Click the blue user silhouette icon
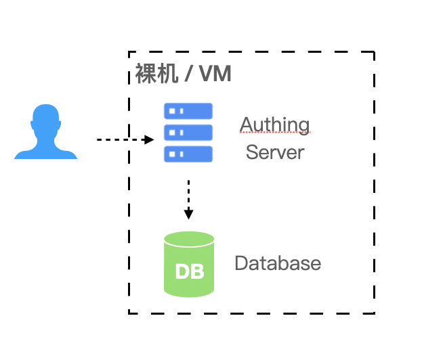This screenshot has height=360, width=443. coord(46,132)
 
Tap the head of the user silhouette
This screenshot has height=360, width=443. coord(46,118)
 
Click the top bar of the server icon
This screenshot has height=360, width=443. coord(188,111)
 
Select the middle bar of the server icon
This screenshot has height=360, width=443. coord(188,133)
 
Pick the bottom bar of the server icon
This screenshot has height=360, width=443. coord(188,154)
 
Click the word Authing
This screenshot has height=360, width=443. coord(275,125)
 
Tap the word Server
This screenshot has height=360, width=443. coord(275,152)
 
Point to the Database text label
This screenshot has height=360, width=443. coord(278,263)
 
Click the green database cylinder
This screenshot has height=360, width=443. coord(189,265)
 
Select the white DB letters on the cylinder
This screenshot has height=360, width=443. coord(190,271)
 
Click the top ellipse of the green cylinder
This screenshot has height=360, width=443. coord(189,239)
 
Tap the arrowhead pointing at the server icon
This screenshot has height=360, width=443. coord(149,139)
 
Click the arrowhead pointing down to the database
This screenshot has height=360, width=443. coord(189,215)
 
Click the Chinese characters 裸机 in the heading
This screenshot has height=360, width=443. coord(156,73)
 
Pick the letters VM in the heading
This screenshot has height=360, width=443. coord(215,74)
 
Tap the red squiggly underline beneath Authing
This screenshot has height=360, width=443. coord(275,132)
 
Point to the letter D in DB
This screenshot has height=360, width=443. coord(182,271)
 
